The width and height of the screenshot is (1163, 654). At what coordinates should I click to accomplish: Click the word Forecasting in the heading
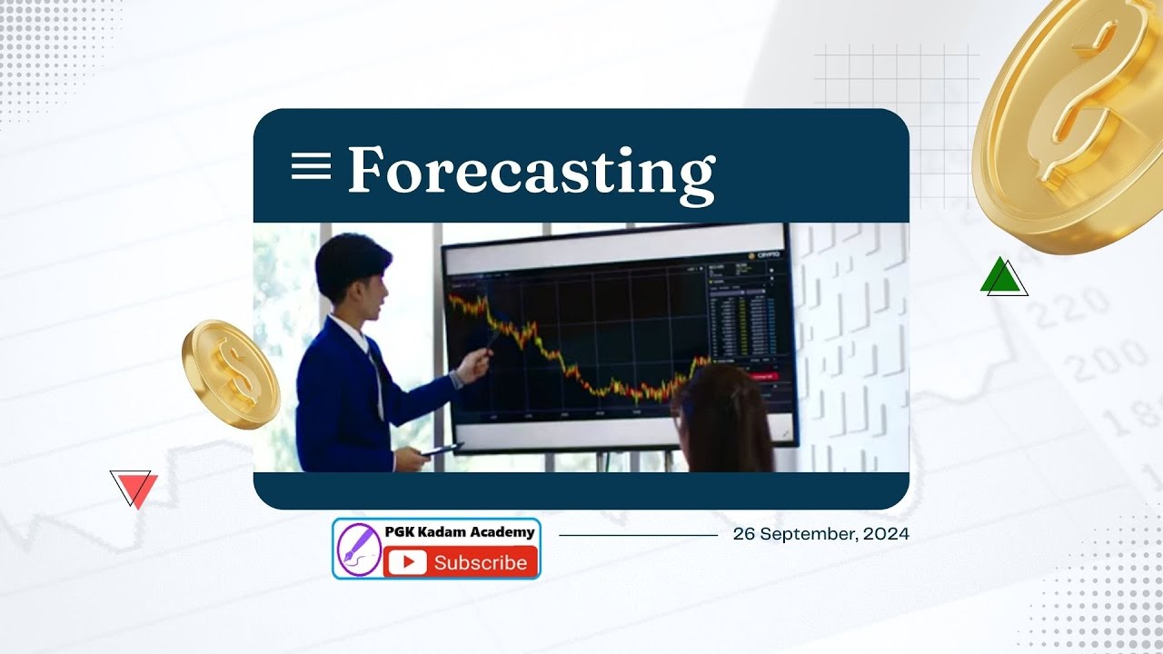531,170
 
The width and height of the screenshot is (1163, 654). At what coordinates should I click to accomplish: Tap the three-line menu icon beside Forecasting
311,166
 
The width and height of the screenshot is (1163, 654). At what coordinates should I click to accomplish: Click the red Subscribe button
461,562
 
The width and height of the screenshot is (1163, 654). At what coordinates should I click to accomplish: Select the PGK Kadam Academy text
461,532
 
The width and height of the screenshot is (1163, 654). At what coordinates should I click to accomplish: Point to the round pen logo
359,550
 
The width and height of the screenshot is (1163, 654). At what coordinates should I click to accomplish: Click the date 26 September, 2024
820,534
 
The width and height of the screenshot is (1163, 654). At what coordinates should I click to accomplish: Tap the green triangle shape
1002,277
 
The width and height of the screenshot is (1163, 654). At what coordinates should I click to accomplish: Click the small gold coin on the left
230,373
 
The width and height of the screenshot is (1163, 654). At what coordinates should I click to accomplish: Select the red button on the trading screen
761,375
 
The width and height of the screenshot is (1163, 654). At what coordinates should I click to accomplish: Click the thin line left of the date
638,535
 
